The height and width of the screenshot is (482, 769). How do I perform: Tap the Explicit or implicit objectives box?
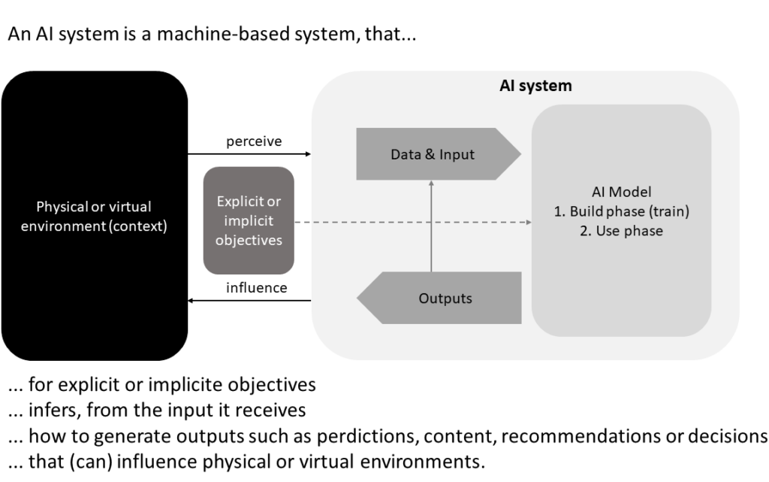(249, 220)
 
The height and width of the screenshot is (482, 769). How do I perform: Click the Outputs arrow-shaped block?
(439, 298)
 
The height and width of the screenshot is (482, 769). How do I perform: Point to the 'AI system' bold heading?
(535, 86)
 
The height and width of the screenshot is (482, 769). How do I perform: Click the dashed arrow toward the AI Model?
(413, 223)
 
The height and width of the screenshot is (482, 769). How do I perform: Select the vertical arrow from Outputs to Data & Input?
(431, 226)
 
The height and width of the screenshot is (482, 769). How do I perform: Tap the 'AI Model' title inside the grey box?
(621, 192)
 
